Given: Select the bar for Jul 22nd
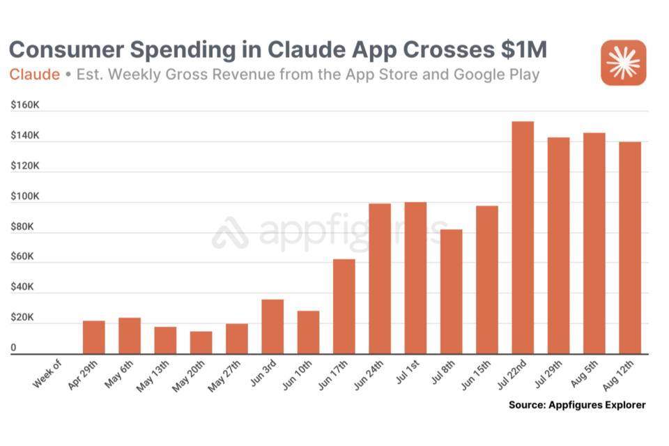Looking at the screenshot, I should (x=522, y=238).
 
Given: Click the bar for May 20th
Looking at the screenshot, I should (x=201, y=343).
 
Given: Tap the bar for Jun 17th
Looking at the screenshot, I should (x=344, y=307).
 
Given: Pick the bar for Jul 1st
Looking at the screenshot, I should (x=415, y=278).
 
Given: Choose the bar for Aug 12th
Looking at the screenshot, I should (x=629, y=248).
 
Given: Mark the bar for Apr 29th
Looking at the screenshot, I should (x=94, y=337).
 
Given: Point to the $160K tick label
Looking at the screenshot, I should (x=24, y=106).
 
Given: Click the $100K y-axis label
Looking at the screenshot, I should (x=24, y=197).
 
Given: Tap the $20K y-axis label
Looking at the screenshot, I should (x=22, y=318).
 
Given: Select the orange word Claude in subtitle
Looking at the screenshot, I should (x=34, y=75).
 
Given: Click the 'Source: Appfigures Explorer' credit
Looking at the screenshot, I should (x=576, y=404).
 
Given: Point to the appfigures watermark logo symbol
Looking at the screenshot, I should (x=231, y=233).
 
